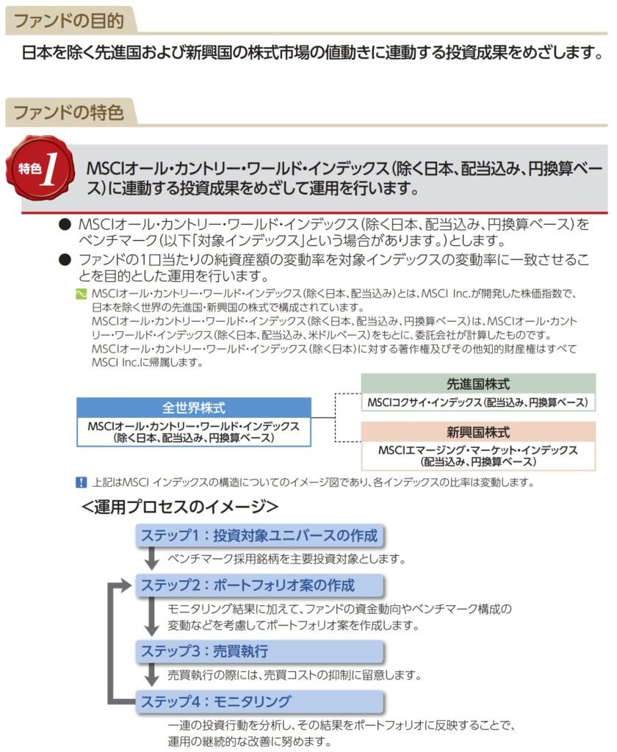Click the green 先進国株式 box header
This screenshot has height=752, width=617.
pos(478,383)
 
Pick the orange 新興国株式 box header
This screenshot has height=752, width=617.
pos(478,432)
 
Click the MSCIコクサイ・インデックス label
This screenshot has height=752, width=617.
pos(478,402)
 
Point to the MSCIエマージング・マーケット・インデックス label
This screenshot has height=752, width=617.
pos(478,455)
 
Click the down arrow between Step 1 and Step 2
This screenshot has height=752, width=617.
pos(152,560)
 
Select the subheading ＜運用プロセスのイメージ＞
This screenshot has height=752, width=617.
pos(180,507)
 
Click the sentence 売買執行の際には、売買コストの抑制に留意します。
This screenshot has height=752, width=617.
pos(294,674)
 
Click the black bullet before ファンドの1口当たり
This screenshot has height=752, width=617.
pos(64,259)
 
